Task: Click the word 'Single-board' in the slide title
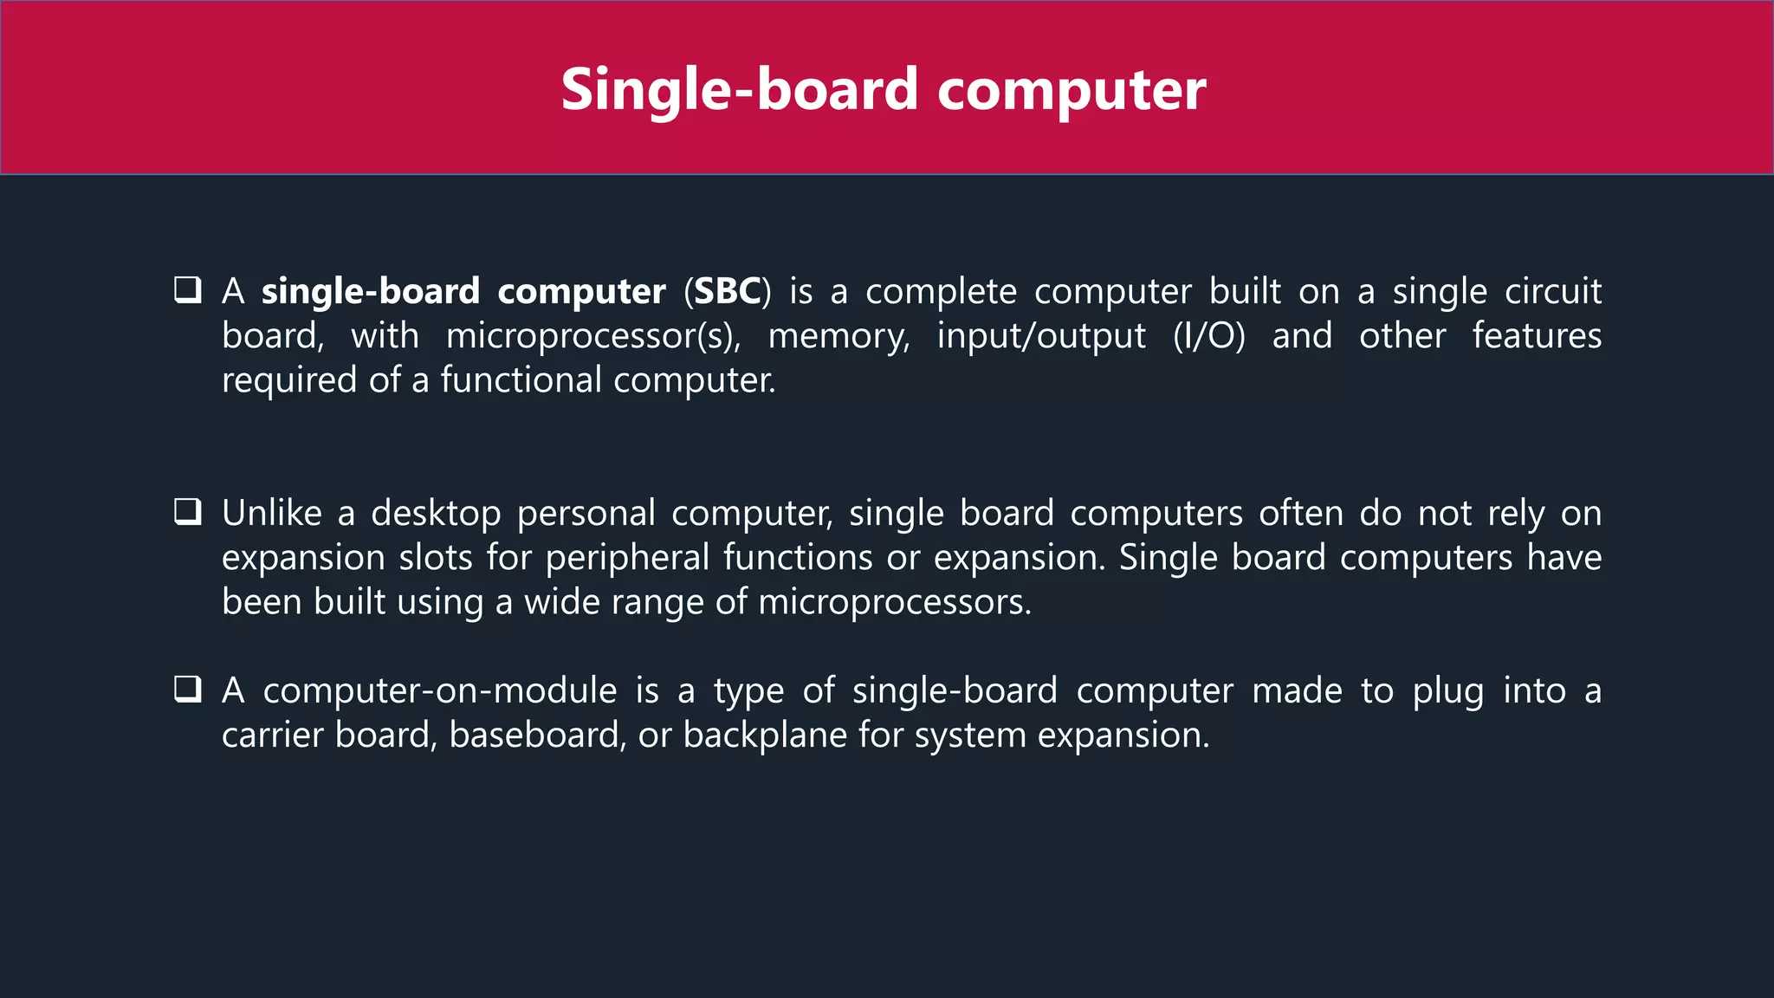739,90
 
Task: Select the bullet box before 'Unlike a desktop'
188,512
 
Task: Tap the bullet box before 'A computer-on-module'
188,690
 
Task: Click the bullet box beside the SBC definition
188,290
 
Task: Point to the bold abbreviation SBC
727,292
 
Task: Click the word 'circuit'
1552,292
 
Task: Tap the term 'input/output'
1041,336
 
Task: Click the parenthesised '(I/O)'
1208,336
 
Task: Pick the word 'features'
1537,336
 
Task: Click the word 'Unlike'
272,514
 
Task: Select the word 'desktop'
436,514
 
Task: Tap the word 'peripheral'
627,558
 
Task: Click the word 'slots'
436,558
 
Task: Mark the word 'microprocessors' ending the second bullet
894,602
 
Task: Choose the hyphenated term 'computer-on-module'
440,691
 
